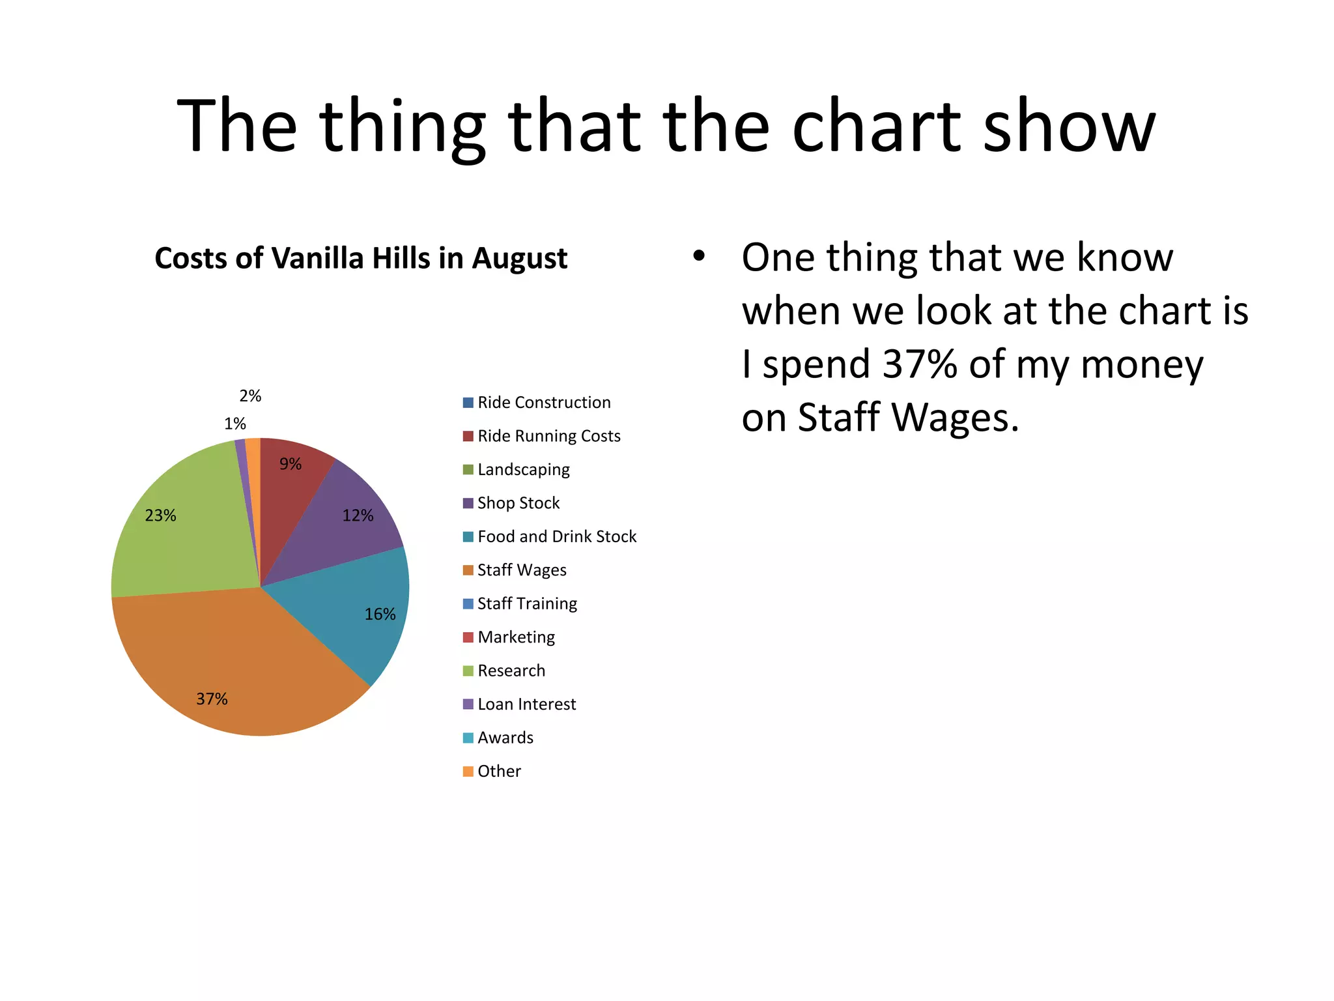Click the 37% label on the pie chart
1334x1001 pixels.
coord(212,699)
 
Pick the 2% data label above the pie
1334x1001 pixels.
coord(250,396)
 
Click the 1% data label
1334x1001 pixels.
coord(235,424)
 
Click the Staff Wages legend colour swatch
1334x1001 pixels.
coord(468,571)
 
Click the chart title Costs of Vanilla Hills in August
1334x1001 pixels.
coord(361,258)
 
